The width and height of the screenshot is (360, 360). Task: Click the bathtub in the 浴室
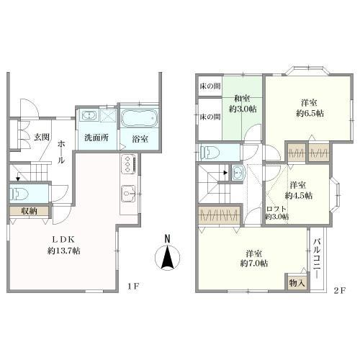point(139,118)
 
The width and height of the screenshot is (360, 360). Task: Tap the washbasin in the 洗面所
point(90,116)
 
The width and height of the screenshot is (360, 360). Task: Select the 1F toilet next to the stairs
point(19,194)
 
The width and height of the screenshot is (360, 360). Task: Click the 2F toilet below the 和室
point(210,153)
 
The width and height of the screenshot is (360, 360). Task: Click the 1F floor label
point(133,286)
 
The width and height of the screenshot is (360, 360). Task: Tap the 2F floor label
point(339,290)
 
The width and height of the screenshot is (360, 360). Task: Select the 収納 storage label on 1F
point(29,211)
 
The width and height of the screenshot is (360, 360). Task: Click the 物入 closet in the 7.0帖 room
point(297,283)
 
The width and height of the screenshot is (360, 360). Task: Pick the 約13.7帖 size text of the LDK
point(63,251)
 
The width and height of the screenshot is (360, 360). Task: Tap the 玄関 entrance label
point(42,138)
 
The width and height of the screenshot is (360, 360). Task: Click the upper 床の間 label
point(210,86)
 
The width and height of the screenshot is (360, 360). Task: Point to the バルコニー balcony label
point(318,258)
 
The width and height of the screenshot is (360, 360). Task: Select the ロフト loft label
point(276,209)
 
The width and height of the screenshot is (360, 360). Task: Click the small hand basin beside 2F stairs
point(238,173)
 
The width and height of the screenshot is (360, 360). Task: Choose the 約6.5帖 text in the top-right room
point(310,113)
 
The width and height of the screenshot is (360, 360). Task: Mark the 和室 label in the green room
point(242,99)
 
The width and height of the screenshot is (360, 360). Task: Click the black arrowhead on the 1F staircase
point(18,179)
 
